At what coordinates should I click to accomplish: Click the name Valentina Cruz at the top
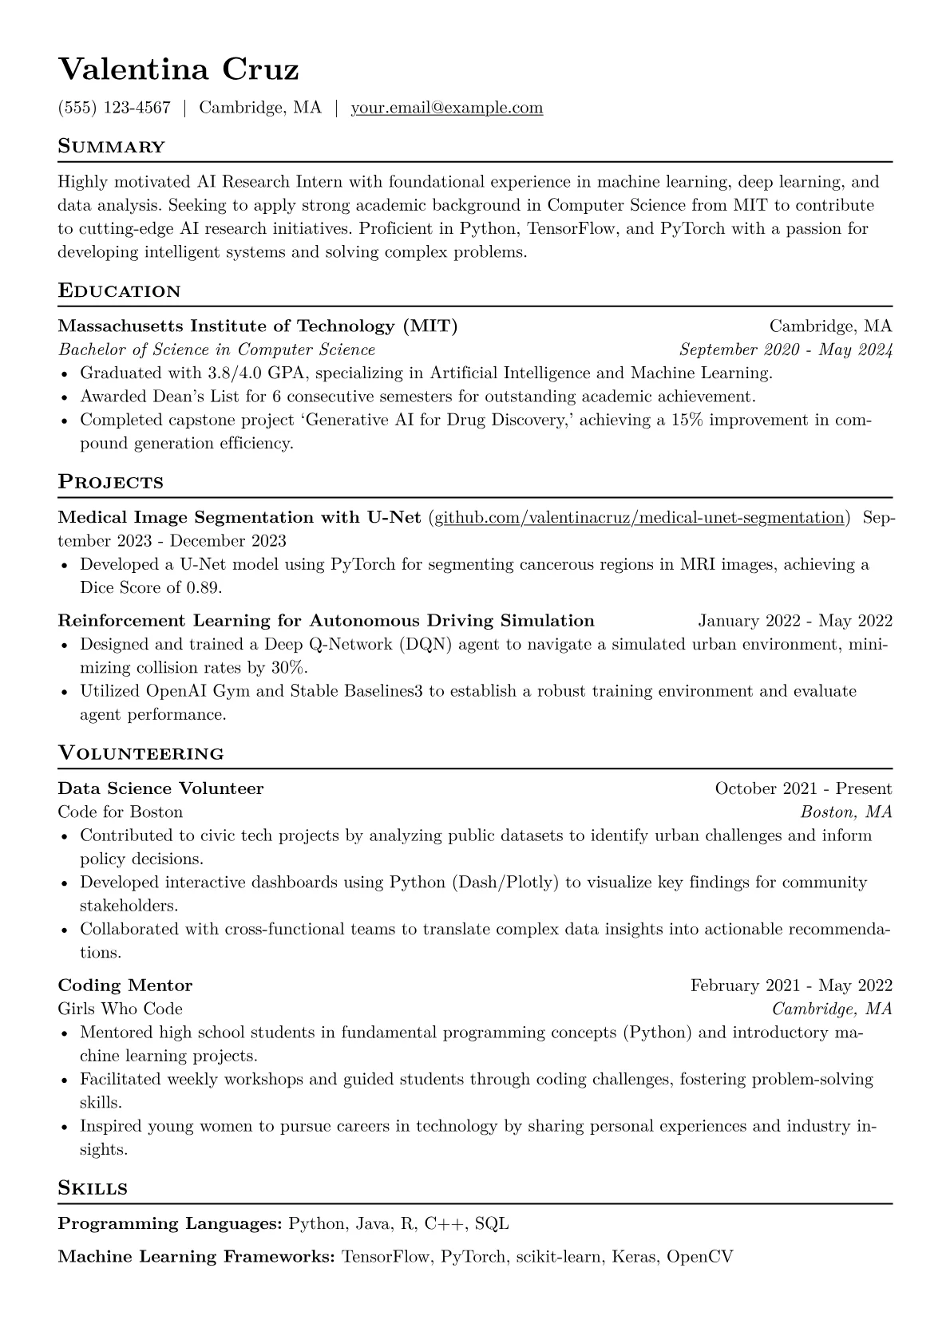point(178,69)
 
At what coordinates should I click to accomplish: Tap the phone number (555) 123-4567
point(114,108)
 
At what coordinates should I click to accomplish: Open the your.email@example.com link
point(447,108)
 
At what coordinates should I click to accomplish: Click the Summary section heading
point(111,147)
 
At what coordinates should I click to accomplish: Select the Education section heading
point(119,290)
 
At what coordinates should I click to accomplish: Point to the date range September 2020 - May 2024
point(786,350)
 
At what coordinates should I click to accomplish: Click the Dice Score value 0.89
point(203,588)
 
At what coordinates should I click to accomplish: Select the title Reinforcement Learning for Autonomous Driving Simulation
point(326,621)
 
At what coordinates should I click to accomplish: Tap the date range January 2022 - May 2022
point(795,621)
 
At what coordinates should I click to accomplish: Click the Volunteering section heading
point(141,753)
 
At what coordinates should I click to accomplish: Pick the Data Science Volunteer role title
point(160,788)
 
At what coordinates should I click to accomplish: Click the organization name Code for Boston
point(120,812)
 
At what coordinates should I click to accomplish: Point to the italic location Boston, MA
point(845,812)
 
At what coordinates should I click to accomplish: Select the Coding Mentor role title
point(125,986)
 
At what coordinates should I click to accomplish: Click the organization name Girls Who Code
point(120,1009)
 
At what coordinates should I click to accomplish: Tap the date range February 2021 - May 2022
point(791,986)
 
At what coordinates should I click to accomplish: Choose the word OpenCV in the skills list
point(699,1257)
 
